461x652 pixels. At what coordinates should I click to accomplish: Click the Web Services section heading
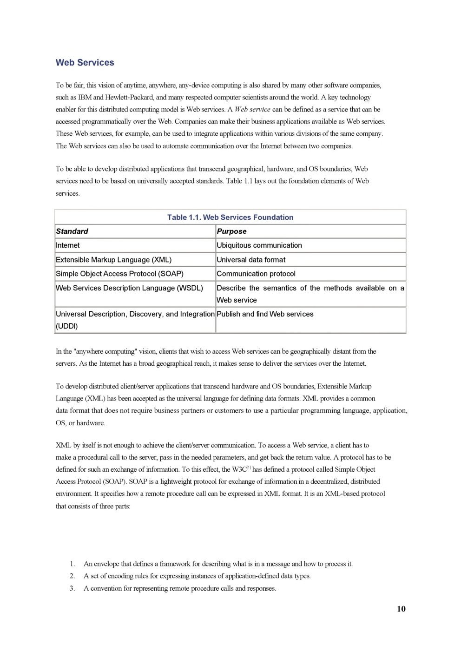tap(85, 63)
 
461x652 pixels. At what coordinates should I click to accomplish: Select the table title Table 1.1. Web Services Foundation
tap(230, 217)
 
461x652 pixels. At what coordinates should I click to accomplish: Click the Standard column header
tap(72, 231)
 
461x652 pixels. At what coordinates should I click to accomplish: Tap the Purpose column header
tap(231, 231)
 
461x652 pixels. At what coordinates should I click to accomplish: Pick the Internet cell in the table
tap(68, 245)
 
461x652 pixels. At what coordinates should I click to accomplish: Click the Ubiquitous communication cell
tap(259, 245)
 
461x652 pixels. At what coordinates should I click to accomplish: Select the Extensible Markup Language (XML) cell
tap(113, 260)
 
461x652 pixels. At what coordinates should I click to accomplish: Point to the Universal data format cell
tap(251, 260)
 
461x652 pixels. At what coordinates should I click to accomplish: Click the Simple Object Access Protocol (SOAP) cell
tap(119, 274)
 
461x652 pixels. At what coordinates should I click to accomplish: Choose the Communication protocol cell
tap(256, 274)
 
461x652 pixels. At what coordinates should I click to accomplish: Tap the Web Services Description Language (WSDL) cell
tap(129, 288)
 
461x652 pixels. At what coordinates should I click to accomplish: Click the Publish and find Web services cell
tap(265, 314)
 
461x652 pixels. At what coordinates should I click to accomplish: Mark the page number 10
tap(401, 609)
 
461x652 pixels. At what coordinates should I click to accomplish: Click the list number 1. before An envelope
tap(72, 564)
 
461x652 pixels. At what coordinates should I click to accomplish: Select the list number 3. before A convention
tap(72, 588)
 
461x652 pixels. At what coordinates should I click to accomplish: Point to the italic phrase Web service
tap(252, 110)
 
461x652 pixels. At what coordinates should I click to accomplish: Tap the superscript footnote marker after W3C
tap(249, 468)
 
